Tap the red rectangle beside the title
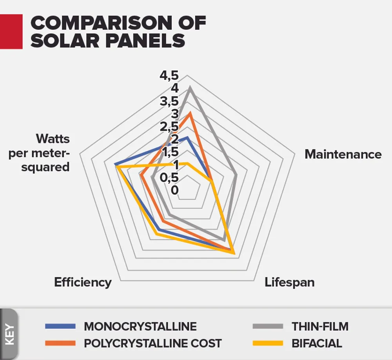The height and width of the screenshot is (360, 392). pyautogui.click(x=11, y=31)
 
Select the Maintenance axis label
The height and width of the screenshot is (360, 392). pyautogui.click(x=343, y=154)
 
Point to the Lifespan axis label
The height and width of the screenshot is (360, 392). pyautogui.click(x=289, y=282)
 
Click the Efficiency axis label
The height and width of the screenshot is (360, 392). pyautogui.click(x=83, y=282)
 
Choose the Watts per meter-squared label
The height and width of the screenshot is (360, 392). pyautogui.click(x=39, y=153)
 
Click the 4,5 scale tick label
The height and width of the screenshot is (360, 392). pyautogui.click(x=169, y=75)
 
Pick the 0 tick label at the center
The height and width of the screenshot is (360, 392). pyautogui.click(x=175, y=190)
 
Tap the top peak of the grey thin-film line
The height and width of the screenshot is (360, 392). pyautogui.click(x=190, y=88)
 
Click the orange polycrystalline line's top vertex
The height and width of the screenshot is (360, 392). pyautogui.click(x=190, y=113)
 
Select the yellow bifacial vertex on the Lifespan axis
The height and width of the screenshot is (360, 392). pyautogui.click(x=234, y=253)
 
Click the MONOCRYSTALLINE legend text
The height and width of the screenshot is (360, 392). pyautogui.click(x=140, y=326)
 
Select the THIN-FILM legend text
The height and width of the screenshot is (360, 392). pyautogui.click(x=320, y=326)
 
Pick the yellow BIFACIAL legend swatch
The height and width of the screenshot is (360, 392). pyautogui.click(x=268, y=344)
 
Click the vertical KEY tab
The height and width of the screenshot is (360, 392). pyautogui.click(x=9, y=334)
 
